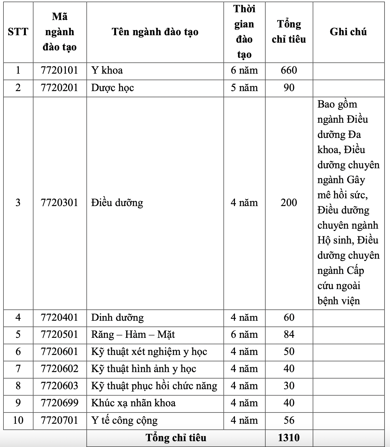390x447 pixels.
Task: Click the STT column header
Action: click(18, 32)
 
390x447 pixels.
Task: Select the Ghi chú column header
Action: click(348, 32)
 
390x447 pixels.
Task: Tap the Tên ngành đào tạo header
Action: click(155, 32)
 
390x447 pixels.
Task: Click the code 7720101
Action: click(60, 70)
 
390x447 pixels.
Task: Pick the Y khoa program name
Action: click(107, 70)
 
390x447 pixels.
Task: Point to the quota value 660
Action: click(289, 70)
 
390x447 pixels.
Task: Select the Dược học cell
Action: click(112, 88)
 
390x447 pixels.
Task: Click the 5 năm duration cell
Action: click(244, 88)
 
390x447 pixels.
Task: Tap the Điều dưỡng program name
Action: click(117, 203)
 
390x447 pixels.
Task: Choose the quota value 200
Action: click(289, 203)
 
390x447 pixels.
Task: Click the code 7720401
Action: click(60, 317)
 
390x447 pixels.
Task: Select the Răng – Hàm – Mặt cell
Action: click(133, 335)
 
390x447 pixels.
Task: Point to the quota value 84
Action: click(289, 335)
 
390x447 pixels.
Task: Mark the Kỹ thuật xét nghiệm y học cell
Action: click(149, 352)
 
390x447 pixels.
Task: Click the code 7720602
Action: click(60, 369)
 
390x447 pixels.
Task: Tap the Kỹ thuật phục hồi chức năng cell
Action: click(154, 386)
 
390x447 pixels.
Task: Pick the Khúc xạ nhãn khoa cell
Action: click(133, 403)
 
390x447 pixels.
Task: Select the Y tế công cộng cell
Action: click(124, 420)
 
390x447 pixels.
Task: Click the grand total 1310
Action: click(289, 438)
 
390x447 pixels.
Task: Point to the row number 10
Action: click(18, 420)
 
